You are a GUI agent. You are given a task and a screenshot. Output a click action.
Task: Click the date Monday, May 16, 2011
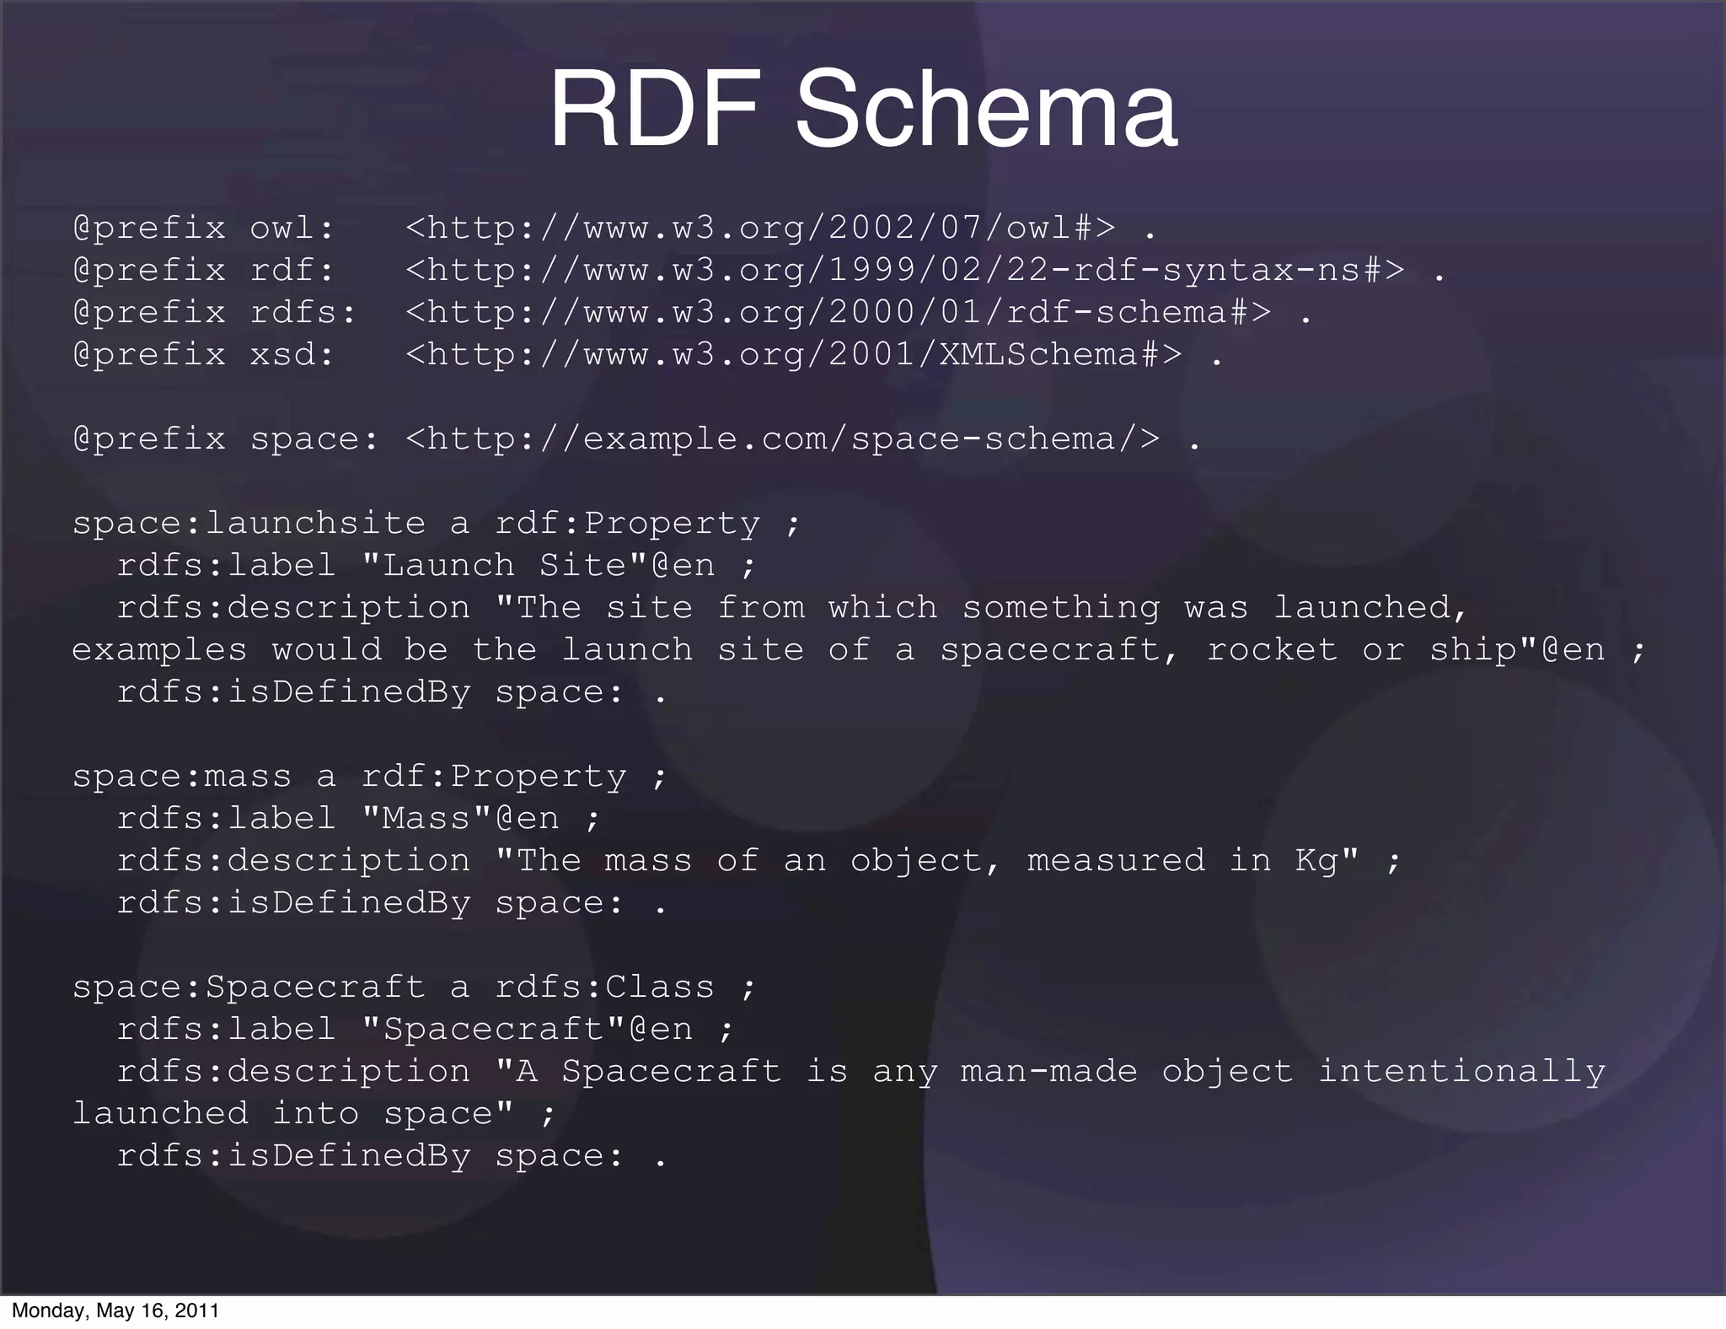pos(115,1310)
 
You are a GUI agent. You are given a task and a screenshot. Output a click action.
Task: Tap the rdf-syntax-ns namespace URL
pos(905,270)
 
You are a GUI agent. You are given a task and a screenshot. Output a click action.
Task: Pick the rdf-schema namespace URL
pos(838,312)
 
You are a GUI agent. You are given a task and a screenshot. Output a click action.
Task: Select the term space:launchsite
pos(249,523)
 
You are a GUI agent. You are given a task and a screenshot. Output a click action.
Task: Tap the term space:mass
pos(181,776)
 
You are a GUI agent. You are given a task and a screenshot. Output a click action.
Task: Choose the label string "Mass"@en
pos(460,818)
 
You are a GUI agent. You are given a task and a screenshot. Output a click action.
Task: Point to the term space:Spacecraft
pos(249,987)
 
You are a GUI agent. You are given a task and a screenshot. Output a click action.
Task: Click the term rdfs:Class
pos(604,987)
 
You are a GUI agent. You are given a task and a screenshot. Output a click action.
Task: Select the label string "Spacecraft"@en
pos(527,1029)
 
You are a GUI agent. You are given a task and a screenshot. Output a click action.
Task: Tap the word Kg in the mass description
pos(1316,860)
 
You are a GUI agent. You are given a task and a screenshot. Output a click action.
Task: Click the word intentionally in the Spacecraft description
pos(1461,1071)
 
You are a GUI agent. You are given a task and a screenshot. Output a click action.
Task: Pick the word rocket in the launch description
pos(1272,649)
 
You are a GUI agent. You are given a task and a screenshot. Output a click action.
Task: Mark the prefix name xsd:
pos(292,354)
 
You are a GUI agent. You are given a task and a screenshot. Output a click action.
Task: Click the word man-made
pos(1049,1071)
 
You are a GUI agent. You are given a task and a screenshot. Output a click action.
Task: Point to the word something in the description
pos(1061,607)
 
